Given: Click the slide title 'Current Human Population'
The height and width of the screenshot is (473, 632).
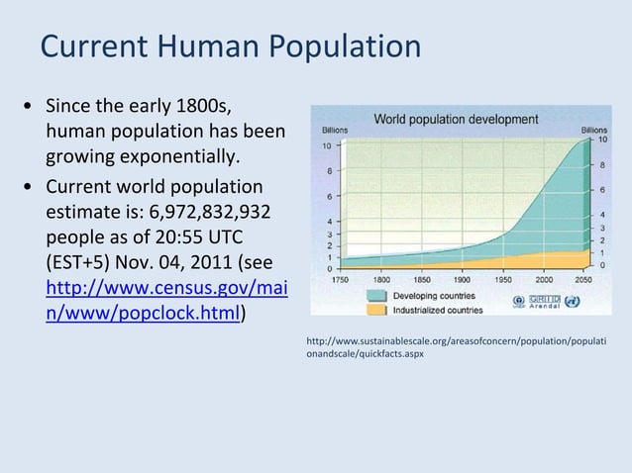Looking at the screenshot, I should (x=230, y=47).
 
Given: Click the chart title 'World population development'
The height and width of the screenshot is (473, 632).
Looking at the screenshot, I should (x=456, y=120).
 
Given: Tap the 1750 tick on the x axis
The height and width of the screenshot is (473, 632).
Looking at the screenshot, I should (x=339, y=280).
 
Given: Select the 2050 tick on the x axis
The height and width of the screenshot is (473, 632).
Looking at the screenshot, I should (x=585, y=280).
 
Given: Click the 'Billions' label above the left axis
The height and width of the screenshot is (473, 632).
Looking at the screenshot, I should (x=333, y=131).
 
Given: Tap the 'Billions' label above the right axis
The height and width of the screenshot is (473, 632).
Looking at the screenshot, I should (x=594, y=130).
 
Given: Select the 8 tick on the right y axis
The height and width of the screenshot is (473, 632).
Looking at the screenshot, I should (x=602, y=164).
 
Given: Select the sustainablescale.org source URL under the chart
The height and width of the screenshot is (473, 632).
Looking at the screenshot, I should (x=455, y=346).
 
